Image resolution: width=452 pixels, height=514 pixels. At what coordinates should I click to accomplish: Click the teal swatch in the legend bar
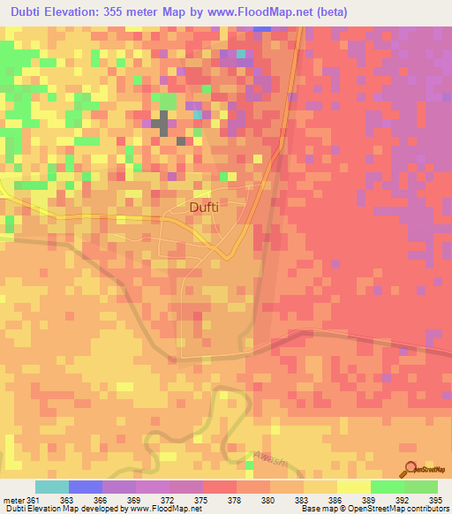(52, 487)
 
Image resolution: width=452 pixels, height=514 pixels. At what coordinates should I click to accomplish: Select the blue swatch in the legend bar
(86, 487)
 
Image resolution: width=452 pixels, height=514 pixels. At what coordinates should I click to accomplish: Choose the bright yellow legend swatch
(353, 487)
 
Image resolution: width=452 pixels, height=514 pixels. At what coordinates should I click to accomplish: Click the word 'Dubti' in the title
(28, 12)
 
